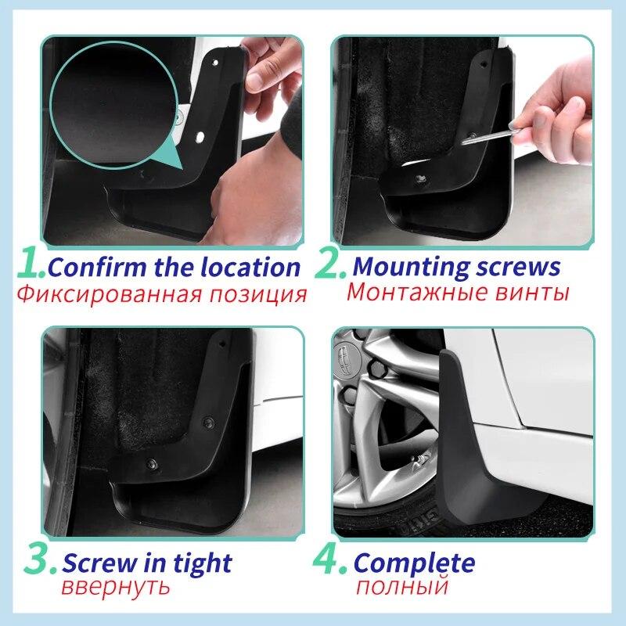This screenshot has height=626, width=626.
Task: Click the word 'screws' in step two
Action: [x=518, y=267]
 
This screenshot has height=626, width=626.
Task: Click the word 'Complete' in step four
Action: [x=414, y=563]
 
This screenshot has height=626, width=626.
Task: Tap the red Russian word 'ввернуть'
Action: [x=116, y=587]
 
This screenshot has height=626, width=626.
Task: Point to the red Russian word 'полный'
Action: [x=401, y=587]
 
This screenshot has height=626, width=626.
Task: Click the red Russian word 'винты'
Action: [x=529, y=293]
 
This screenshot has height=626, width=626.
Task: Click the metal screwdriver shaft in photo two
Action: [x=487, y=136]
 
